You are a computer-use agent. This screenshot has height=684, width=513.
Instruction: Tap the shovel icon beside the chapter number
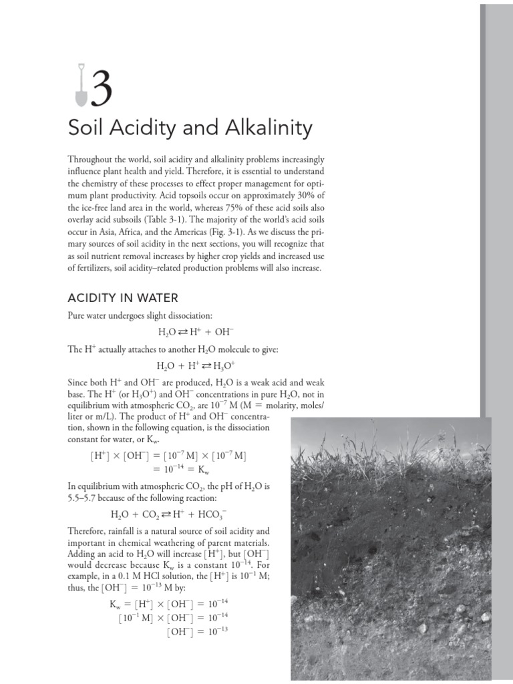pyautogui.click(x=79, y=85)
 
